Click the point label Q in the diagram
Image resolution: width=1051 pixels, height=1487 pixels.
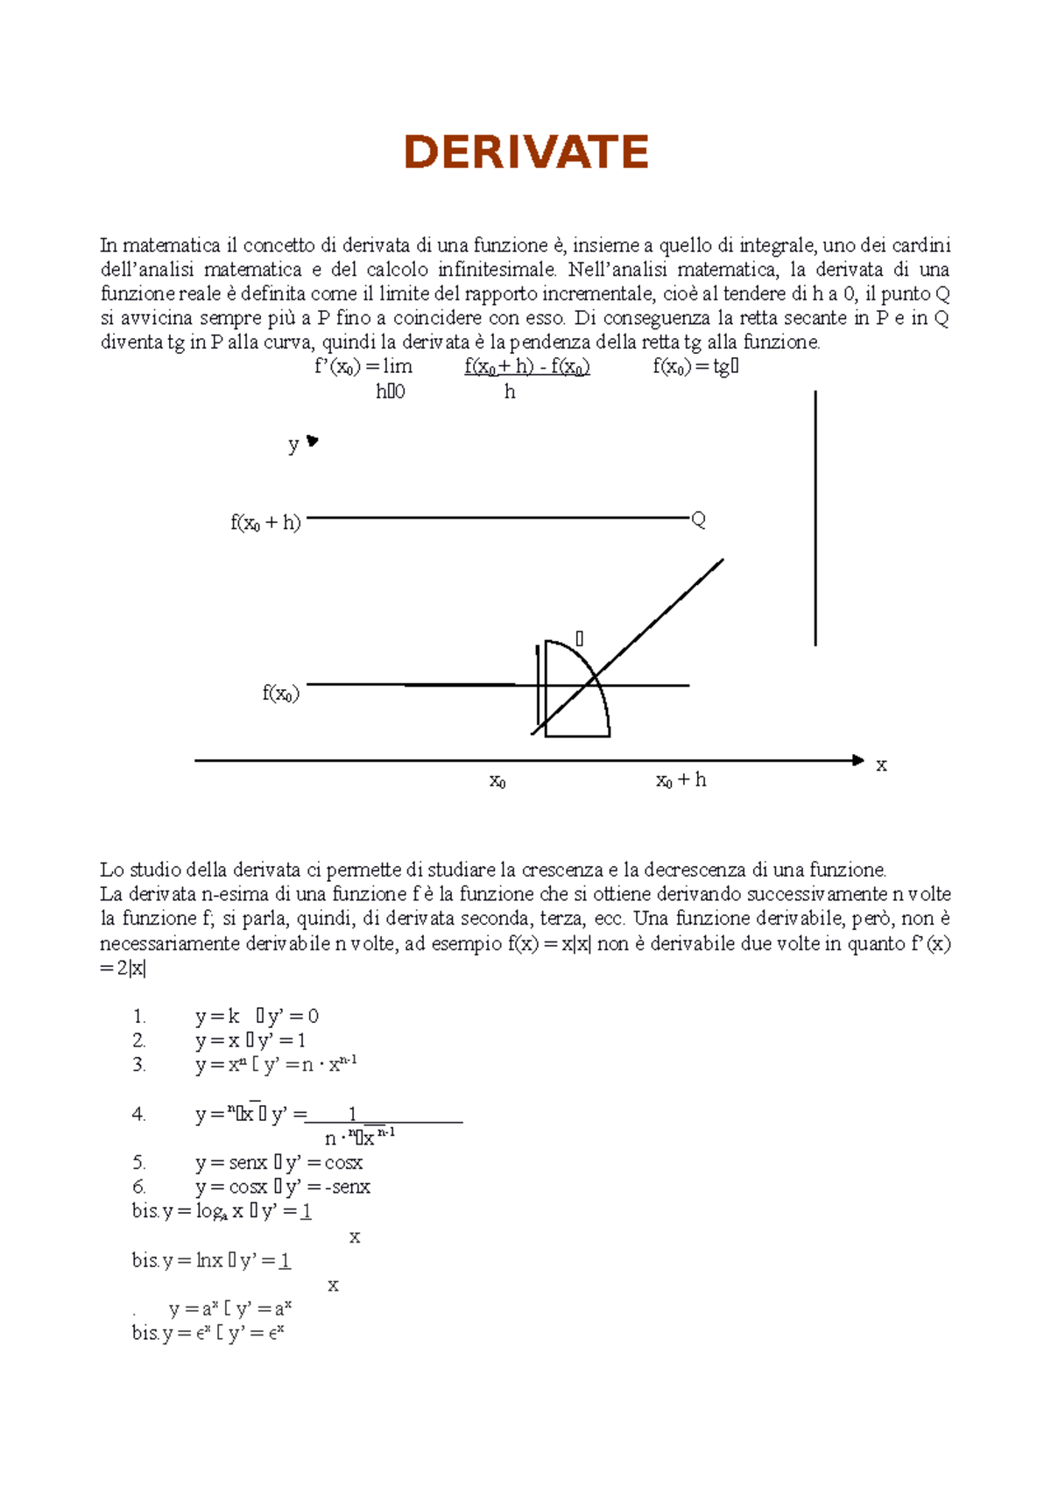coord(698,520)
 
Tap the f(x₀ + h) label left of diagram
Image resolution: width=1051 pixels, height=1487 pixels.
coord(265,523)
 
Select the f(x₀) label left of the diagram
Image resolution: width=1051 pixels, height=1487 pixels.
coord(280,694)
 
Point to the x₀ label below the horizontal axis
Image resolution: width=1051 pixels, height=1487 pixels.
coord(497,781)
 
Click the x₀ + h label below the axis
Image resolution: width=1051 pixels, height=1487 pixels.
coord(681,780)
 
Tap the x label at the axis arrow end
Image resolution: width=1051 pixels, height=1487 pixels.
coord(881,765)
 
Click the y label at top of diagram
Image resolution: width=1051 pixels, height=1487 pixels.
coord(293,445)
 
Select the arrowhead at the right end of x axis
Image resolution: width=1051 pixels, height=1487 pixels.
coord(858,760)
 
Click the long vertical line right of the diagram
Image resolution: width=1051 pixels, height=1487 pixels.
coord(815,518)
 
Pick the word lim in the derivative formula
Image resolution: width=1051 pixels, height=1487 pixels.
coord(397,366)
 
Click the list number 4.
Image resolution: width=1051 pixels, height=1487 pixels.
coord(138,1114)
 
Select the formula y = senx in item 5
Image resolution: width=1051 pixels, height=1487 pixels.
coord(231,1163)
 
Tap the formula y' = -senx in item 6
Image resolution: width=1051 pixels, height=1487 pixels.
coord(328,1187)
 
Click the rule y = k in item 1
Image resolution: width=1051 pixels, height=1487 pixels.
coord(217,1016)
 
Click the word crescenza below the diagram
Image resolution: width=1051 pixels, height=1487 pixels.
coord(562,870)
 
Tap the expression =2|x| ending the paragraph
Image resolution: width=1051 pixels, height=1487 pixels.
coord(123,969)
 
